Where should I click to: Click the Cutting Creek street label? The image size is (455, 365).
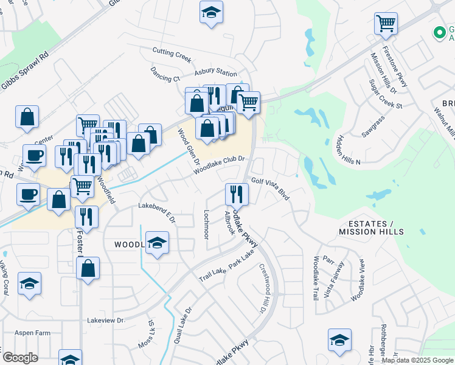click(172, 56)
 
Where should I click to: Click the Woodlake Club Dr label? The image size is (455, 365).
click(219, 165)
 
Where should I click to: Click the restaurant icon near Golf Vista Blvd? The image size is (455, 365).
click(237, 194)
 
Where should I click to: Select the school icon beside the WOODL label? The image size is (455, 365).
click(157, 244)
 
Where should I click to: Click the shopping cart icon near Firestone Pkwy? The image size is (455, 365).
click(386, 24)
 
